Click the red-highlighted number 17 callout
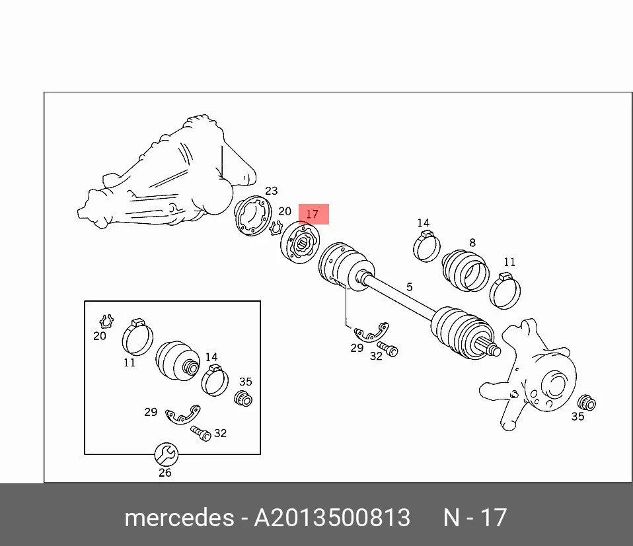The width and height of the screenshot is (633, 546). point(313,214)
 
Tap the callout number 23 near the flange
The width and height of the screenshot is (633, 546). point(272,191)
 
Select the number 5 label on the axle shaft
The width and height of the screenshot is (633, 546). point(410,287)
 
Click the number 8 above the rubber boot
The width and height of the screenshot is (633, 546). point(472,243)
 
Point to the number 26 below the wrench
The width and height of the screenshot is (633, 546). point(165,473)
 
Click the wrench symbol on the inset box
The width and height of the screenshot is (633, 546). point(167,454)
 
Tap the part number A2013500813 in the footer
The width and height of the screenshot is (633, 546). point(332,518)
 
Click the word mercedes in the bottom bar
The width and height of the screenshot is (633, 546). point(179,518)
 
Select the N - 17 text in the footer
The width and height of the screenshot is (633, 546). point(474,518)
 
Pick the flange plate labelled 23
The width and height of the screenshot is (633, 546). point(253,216)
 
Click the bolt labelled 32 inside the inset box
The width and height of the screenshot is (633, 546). point(201,434)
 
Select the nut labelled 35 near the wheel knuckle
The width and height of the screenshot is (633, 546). point(587,403)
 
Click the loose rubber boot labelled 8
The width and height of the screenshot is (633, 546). point(465,271)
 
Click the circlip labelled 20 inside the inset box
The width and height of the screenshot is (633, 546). point(106,322)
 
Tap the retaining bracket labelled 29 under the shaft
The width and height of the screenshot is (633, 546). point(371,332)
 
